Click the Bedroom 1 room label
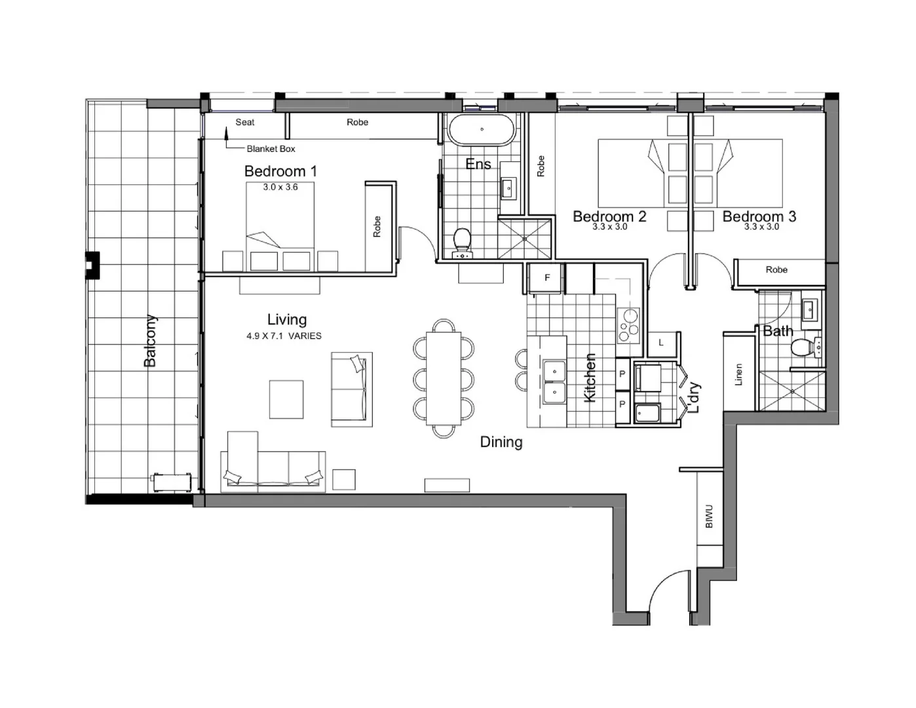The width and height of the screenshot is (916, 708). click(280, 172)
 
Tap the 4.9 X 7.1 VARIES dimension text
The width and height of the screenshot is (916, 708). click(284, 336)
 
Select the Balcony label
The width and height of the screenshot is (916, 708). click(150, 341)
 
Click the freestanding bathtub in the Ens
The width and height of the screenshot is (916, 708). click(482, 130)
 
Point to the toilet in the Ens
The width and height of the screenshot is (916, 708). click(463, 241)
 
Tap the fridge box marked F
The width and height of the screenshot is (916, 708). click(547, 278)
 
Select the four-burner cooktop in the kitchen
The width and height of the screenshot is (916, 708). click(629, 324)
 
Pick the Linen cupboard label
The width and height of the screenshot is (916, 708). click(739, 374)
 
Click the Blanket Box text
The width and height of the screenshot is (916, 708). click(271, 149)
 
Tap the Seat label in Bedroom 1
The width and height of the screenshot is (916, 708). click(245, 122)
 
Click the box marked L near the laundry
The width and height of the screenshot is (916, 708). click(661, 342)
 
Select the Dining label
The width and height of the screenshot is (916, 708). click(501, 442)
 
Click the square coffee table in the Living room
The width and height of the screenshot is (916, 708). click(286, 399)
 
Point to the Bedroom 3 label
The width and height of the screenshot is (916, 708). click(759, 216)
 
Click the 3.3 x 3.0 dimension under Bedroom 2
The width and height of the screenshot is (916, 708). click(609, 227)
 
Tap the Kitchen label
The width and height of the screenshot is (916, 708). click(590, 378)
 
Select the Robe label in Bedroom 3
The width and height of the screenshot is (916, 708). click(776, 269)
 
